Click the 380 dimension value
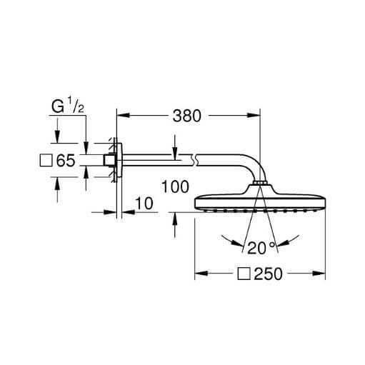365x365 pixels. [187, 116]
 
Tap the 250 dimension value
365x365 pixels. [268, 274]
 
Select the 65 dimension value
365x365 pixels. [66, 160]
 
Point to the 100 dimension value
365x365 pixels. [175, 186]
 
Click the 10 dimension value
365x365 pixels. [144, 204]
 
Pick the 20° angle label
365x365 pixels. [261, 248]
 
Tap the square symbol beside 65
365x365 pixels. [46, 160]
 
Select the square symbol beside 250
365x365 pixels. [244, 274]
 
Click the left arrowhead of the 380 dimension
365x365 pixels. [123, 116]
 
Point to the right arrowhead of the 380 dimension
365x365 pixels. [254, 116]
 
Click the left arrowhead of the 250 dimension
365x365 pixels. [201, 274]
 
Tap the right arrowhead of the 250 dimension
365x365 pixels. [319, 274]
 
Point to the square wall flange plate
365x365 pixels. [119, 160]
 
